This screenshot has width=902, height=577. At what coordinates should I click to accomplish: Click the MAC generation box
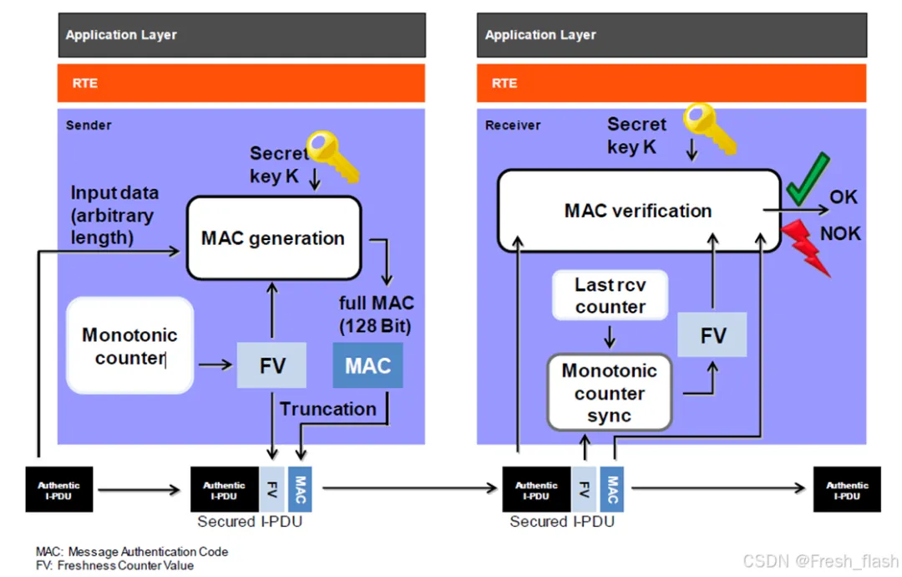272,238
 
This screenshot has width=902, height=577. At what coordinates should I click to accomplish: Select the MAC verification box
637,211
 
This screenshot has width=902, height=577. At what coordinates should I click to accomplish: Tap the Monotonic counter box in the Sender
129,346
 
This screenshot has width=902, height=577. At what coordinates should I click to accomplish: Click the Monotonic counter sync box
609,392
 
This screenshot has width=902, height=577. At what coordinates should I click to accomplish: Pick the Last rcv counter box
610,296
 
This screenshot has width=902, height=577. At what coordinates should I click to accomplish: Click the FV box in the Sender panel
272,365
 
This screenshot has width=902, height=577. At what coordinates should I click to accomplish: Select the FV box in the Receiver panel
712,335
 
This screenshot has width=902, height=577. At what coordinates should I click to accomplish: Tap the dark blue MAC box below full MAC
367,365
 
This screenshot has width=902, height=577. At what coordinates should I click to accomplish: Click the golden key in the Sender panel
332,156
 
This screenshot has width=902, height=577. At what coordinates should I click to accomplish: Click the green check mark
807,178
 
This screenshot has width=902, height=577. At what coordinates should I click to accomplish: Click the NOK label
839,233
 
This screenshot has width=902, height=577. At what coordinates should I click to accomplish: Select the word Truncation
327,409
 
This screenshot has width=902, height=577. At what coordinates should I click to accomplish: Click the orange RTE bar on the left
241,83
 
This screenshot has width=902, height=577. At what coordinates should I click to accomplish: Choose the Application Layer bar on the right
671,35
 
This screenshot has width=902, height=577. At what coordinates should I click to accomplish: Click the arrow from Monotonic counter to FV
214,365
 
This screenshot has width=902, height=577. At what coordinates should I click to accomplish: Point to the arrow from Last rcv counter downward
610,336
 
